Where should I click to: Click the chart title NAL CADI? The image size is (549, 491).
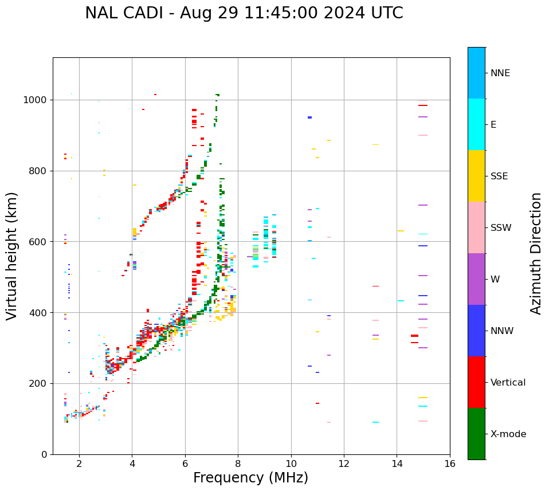click(x=244, y=13)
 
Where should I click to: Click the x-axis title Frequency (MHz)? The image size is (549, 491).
click(x=250, y=478)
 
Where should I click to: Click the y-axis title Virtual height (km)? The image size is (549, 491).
click(x=12, y=256)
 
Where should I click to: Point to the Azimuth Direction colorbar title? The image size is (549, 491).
click(x=536, y=253)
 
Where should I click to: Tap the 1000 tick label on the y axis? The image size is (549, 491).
click(x=36, y=100)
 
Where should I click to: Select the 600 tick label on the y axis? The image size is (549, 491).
click(x=38, y=242)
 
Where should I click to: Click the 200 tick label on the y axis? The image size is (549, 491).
click(x=38, y=383)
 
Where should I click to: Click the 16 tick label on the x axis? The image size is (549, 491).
click(x=449, y=463)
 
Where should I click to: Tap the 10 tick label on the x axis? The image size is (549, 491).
click(x=291, y=463)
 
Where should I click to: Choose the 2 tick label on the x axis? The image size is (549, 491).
click(x=79, y=463)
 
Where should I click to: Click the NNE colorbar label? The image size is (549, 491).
click(x=500, y=73)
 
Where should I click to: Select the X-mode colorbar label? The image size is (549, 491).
click(x=508, y=434)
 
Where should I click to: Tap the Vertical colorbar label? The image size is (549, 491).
click(x=508, y=383)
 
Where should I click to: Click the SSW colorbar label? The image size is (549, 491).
click(x=501, y=228)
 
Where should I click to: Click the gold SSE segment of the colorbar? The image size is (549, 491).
click(x=476, y=176)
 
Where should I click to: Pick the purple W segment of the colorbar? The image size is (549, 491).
click(x=476, y=279)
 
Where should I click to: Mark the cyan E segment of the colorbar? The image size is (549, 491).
click(x=476, y=124)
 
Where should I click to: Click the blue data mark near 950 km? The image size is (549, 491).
click(x=309, y=117)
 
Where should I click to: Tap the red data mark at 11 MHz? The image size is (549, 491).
click(x=317, y=403)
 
